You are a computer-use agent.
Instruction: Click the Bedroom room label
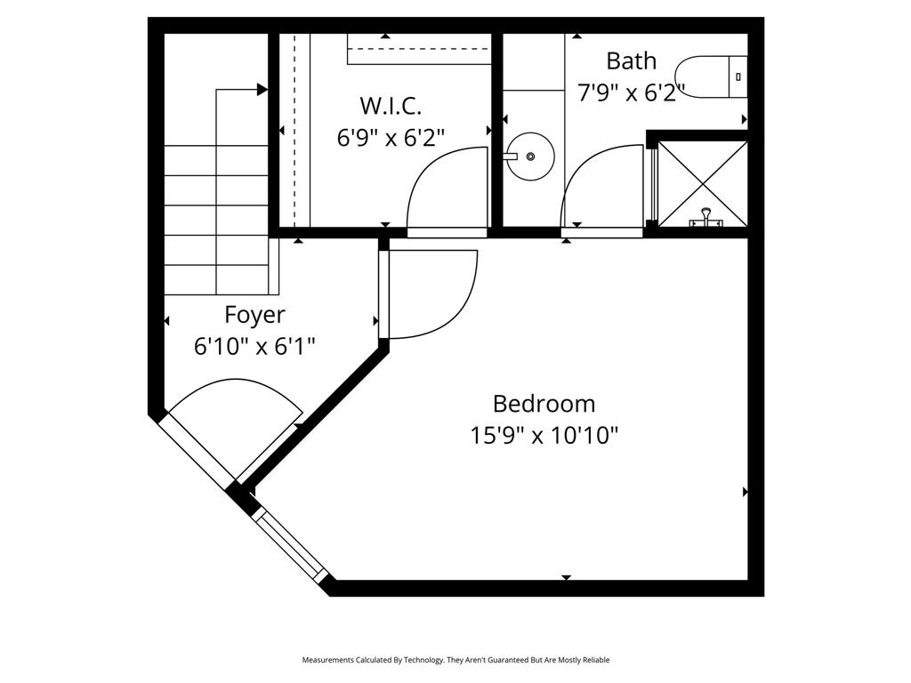544,404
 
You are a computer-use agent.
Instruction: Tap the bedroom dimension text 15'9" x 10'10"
544,436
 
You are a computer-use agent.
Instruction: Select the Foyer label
254,315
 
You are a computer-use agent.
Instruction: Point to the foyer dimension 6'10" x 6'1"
254,346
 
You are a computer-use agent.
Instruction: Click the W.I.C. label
391,106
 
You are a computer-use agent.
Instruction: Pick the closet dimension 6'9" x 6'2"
391,138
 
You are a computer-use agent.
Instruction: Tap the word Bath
631,61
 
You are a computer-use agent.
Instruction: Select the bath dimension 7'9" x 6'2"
631,92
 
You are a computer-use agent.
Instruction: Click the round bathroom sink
530,157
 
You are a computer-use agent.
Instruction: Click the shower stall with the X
702,182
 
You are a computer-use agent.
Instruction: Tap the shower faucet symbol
705,218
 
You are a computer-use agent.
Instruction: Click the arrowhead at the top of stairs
262,89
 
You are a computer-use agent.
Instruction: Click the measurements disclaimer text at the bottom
455,660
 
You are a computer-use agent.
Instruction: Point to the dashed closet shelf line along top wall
418,49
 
